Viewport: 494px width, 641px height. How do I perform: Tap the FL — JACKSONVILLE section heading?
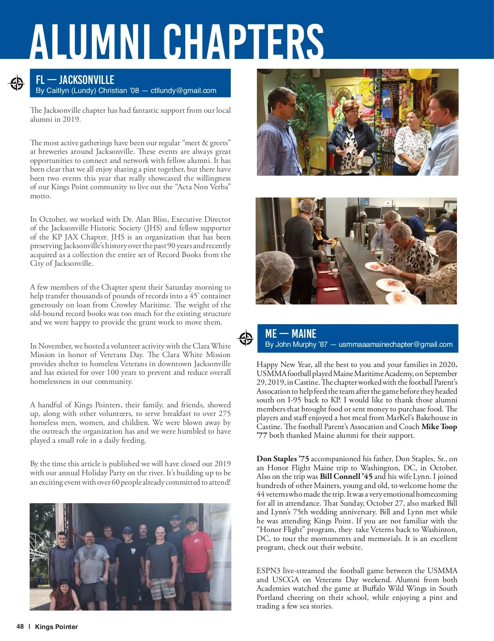(75, 80)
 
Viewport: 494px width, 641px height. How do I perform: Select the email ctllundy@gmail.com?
(183, 91)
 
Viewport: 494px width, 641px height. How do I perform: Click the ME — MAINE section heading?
(291, 334)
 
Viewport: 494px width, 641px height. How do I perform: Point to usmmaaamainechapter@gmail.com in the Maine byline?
(395, 344)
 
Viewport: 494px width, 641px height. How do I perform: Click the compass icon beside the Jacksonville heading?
(16, 84)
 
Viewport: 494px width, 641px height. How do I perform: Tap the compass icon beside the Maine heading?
(246, 338)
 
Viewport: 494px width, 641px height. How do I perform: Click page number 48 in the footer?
(20, 627)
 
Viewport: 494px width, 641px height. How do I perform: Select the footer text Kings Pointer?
(56, 627)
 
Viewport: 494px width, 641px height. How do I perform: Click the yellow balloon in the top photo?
(419, 74)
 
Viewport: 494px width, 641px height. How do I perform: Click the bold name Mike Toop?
(439, 427)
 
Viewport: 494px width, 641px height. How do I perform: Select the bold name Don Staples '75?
(282, 459)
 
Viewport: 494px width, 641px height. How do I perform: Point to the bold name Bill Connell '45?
(346, 476)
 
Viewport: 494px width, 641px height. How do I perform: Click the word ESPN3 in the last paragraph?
(268, 571)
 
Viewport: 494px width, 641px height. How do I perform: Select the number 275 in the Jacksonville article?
(224, 413)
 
